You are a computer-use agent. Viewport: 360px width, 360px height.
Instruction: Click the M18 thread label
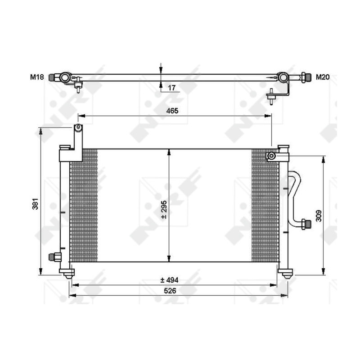point(36,77)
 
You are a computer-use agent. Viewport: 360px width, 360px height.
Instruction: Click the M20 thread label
point(322,77)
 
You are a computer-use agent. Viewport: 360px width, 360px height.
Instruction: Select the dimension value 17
point(171,88)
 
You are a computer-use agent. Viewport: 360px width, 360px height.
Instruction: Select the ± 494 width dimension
point(169,280)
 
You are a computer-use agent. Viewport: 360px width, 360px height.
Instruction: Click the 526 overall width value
point(169,291)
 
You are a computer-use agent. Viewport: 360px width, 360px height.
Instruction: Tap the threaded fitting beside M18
point(54,77)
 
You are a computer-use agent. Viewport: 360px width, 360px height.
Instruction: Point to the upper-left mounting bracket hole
point(78,128)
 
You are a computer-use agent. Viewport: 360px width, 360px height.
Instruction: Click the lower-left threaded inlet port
point(53,257)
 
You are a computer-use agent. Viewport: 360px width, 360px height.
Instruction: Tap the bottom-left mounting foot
point(67,273)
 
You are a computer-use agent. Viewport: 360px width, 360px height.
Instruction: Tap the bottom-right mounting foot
point(285,273)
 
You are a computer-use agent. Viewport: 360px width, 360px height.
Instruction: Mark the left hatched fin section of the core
point(84,205)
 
